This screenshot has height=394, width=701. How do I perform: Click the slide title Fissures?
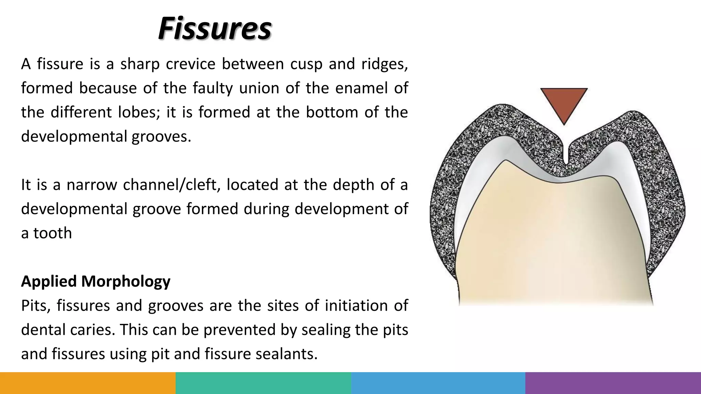(x=215, y=28)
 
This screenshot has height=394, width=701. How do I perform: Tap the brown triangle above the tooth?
(x=564, y=103)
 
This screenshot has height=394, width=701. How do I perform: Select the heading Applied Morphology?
(x=95, y=281)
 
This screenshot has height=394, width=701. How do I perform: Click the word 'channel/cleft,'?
(x=171, y=185)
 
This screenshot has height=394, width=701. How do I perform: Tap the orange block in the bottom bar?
(x=88, y=383)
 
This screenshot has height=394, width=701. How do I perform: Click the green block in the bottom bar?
(x=263, y=383)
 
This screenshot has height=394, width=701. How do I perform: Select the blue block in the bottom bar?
(x=438, y=383)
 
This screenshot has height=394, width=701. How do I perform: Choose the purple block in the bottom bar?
(x=613, y=383)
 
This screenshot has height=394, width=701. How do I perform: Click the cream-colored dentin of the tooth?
(x=555, y=239)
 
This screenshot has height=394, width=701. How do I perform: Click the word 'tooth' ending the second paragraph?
(x=52, y=233)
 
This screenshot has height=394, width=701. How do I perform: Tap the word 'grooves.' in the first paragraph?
(x=161, y=136)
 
